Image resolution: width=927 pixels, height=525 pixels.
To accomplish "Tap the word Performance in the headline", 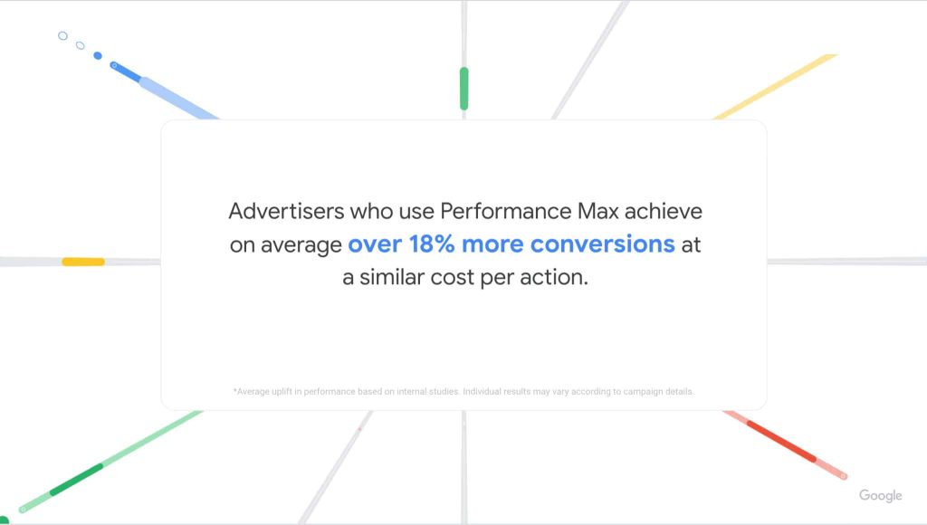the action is tap(505, 211).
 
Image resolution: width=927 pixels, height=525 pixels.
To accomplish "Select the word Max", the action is tap(597, 211).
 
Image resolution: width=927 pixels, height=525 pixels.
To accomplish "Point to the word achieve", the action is tap(664, 211).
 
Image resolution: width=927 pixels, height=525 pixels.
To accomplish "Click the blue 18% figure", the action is tap(432, 244).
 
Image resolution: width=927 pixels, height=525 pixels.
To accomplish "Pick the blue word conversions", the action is tap(602, 244).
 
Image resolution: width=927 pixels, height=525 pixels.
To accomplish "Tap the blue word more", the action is tap(492, 245).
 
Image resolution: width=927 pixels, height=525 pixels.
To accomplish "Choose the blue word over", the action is tap(375, 245).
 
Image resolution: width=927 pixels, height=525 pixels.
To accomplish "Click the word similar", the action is tap(392, 277).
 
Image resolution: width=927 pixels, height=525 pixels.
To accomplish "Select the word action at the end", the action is tap(554, 277).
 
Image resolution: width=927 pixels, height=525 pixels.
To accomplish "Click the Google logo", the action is tap(880, 495).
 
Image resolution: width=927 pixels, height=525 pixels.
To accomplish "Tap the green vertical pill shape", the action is tap(464, 89).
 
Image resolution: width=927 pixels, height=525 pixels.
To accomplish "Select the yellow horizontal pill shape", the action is tap(83, 262).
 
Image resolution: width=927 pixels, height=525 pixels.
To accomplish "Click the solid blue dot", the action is tap(98, 55).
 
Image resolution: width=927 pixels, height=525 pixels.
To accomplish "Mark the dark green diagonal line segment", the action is tap(76, 480).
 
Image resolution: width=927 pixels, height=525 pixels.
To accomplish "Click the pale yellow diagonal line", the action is tap(776, 86).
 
